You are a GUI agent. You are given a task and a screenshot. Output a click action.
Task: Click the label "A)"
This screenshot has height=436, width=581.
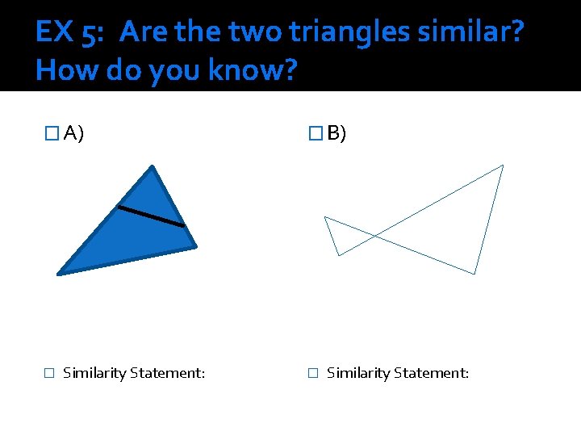pos(74,133)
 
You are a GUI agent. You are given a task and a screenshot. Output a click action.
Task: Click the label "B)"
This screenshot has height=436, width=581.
pos(336,133)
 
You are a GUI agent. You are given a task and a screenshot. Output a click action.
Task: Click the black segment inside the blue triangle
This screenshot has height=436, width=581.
pos(151,216)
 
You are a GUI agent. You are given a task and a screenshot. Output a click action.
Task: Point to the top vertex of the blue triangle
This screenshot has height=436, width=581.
pos(152,166)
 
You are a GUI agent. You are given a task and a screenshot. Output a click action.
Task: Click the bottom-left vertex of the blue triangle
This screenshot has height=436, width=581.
pos(59,274)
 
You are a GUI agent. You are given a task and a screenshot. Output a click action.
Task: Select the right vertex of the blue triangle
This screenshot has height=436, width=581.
pos(195,246)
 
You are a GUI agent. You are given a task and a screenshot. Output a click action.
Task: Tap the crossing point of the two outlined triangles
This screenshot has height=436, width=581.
pos(374,235)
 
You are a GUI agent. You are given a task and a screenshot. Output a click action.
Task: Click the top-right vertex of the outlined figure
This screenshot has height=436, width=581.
pos(503,166)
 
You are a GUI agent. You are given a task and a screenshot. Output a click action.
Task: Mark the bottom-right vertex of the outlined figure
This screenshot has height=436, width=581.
pos(474,274)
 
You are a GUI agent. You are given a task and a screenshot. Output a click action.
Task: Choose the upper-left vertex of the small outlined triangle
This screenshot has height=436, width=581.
pos(324,216)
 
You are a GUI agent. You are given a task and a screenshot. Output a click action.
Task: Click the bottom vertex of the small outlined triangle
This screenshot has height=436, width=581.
pos(338,255)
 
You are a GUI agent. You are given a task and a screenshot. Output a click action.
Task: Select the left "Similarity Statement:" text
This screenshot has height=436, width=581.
pos(133,373)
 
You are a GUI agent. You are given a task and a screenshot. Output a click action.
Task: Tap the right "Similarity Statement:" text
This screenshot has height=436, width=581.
pos(397,373)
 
